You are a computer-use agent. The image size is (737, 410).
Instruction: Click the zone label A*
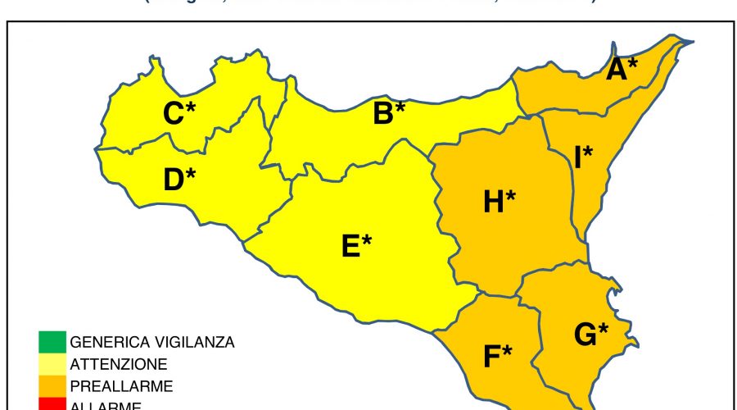tap(622, 69)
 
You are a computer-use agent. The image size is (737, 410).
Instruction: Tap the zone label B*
tap(389, 113)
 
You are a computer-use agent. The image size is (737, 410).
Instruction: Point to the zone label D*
tap(180, 179)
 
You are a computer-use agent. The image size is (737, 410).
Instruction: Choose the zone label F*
tap(497, 357)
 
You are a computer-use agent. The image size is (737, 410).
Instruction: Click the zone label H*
tap(500, 201)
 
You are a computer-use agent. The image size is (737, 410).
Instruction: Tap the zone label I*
tap(583, 157)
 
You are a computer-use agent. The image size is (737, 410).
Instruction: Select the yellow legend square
tap(51, 363)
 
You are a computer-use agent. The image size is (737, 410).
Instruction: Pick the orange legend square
tap(51, 385)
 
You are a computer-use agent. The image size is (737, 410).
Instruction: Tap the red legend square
tap(51, 403)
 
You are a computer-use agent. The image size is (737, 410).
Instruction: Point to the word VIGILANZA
tap(194, 342)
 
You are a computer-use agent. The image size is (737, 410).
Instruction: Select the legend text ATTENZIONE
tap(119, 363)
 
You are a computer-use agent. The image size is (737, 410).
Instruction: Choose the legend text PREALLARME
tap(121, 385)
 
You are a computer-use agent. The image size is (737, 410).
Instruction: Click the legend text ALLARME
tap(106, 405)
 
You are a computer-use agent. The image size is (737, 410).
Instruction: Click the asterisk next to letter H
tap(511, 195)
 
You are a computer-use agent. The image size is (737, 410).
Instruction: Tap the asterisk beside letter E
tap(368, 239)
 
